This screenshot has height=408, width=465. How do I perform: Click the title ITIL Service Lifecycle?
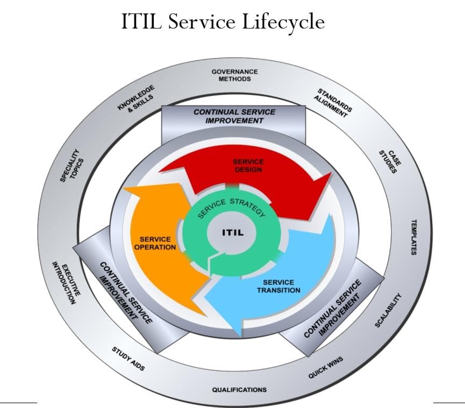point(223,22)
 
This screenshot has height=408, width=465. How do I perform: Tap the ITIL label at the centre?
point(233,233)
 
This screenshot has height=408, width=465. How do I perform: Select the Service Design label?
point(248,166)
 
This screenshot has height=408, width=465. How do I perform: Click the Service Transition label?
point(278,286)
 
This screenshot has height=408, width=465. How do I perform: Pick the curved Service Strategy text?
point(232,207)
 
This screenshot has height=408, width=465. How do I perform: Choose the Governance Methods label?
point(234,75)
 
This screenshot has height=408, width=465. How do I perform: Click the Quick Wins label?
point(325,367)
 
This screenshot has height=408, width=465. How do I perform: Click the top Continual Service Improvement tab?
point(234,116)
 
